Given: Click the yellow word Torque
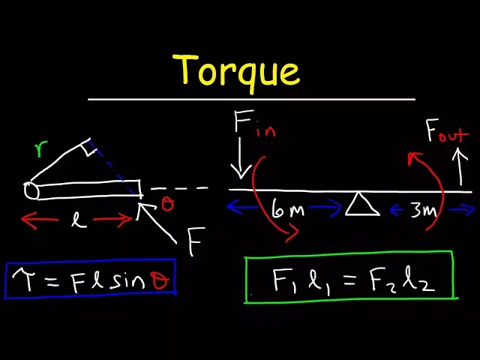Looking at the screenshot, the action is (238, 70).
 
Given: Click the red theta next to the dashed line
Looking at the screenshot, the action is (167, 205).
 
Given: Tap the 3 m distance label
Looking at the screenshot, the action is (422, 211).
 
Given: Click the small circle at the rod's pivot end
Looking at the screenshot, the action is (31, 190).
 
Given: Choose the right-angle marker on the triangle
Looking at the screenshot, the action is (88, 148).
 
